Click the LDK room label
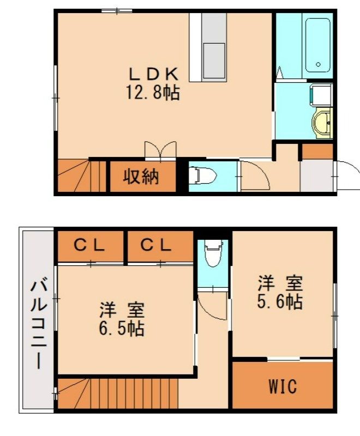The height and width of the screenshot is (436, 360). (153, 74)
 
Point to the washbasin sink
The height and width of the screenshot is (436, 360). (322, 122)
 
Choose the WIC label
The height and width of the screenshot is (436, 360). (283, 387)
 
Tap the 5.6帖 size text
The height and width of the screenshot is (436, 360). (280, 301)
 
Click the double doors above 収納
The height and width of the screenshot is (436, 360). (160, 150)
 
